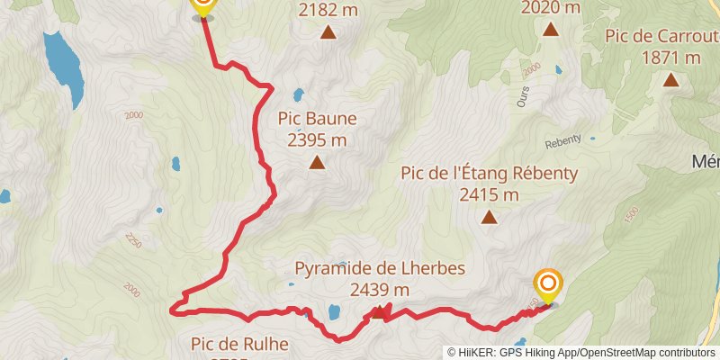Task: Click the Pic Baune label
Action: coord(317,119)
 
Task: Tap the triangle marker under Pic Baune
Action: coord(317,163)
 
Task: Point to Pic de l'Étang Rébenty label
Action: coord(489,173)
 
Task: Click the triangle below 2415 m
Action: coord(489,217)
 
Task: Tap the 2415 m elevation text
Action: coord(489,194)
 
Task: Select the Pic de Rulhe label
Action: coord(239,343)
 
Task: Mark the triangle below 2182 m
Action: coord(329,33)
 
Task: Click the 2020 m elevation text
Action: coord(551,7)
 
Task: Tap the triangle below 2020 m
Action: coord(551,29)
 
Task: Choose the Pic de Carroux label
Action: coord(664,36)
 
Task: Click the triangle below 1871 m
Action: coord(670,80)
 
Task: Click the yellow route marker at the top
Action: coord(203,7)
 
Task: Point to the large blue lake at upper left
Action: coord(60,57)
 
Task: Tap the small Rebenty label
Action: coord(564,144)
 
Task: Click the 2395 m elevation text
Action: coord(317,140)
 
